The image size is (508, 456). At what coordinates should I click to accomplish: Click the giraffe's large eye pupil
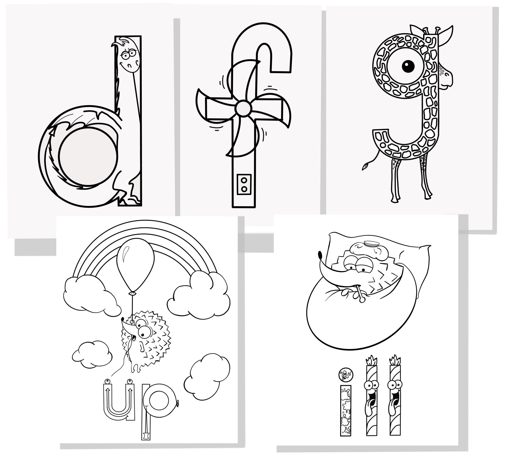click(x=408, y=66)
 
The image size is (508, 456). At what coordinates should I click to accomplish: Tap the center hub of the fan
click(x=243, y=108)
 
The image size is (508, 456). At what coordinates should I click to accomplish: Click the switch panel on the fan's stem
click(x=244, y=184)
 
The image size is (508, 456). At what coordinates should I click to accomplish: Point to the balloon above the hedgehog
click(x=135, y=265)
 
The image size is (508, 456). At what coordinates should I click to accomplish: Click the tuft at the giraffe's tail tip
click(x=366, y=166)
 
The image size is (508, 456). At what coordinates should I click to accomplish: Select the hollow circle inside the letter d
click(x=88, y=156)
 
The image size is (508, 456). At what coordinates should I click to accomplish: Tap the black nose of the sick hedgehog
click(x=320, y=255)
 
